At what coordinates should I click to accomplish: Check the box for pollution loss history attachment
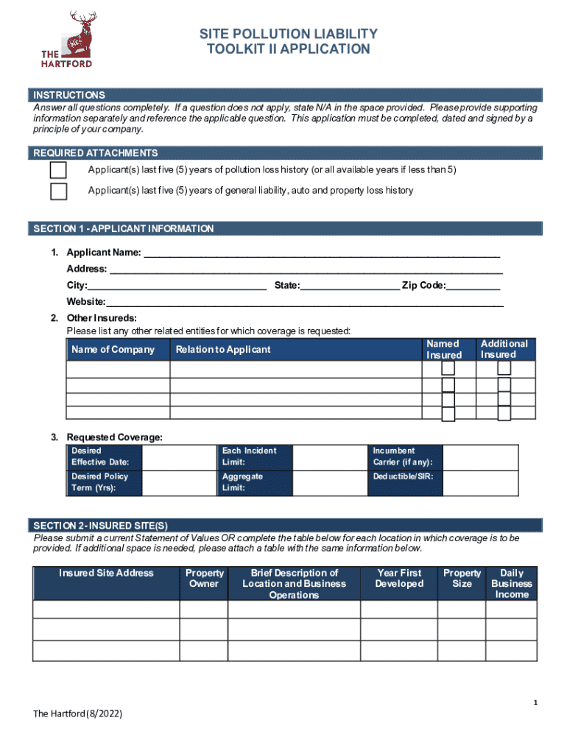(58, 171)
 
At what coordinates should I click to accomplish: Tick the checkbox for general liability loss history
(58, 191)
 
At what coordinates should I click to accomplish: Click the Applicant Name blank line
(321, 253)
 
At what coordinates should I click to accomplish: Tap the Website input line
(305, 302)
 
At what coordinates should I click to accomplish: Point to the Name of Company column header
(113, 350)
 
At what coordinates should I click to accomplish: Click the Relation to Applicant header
(223, 350)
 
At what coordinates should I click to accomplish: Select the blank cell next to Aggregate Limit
(330, 483)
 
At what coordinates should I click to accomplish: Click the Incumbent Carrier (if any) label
(403, 457)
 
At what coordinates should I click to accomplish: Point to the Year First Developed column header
(400, 579)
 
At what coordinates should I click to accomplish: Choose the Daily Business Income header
(512, 583)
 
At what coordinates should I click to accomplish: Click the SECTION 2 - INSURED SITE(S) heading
(101, 526)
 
